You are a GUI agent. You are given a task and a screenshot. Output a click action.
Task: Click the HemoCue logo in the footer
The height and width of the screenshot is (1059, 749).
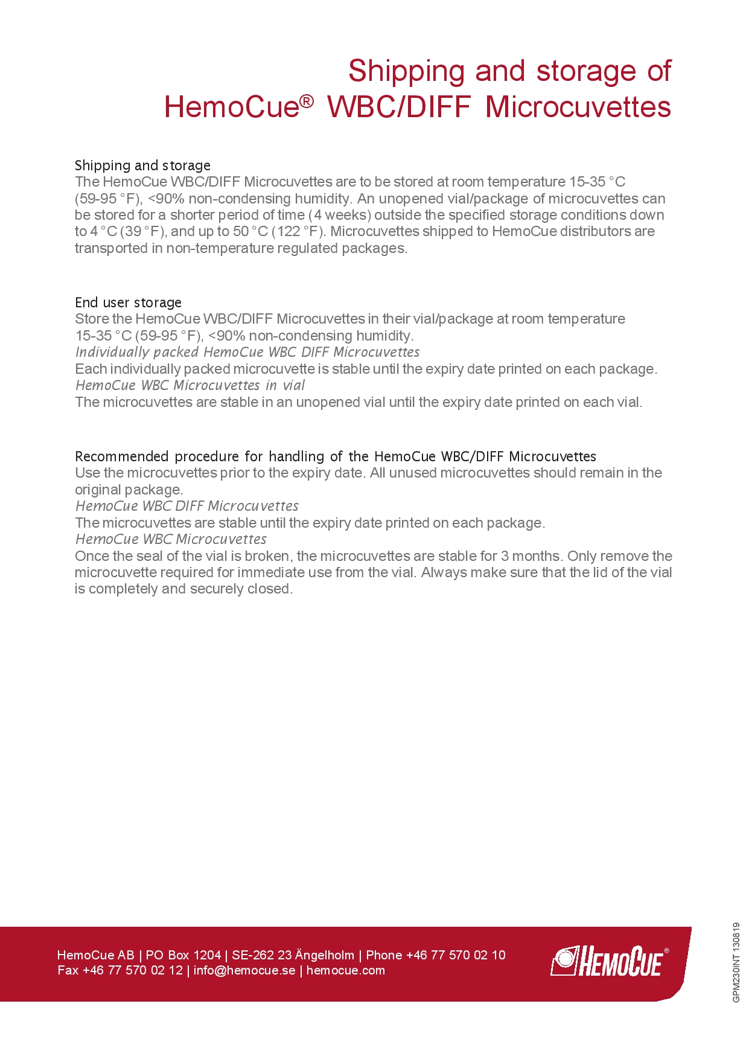[x=608, y=961]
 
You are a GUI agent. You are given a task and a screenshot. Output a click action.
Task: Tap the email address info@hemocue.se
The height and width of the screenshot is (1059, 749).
[x=244, y=970]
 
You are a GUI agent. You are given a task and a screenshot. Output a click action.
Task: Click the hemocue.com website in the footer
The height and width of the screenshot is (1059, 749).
[x=345, y=970]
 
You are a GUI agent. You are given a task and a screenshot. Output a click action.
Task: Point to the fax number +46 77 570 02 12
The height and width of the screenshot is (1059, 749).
[x=132, y=970]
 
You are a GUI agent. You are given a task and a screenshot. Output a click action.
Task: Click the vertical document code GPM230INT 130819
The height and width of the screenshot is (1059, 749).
[x=736, y=962]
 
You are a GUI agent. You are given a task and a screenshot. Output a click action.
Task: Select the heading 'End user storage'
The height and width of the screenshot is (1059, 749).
[x=128, y=302]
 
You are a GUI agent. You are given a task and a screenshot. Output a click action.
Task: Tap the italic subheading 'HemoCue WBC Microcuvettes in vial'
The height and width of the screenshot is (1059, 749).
[x=190, y=385]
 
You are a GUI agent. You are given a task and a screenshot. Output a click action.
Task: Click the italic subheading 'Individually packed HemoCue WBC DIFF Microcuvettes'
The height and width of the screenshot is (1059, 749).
[x=247, y=352]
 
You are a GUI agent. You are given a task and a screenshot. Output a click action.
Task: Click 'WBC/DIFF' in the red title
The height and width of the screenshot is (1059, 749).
[x=398, y=107]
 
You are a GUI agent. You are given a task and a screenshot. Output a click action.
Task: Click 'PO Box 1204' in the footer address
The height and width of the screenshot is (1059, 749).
[x=183, y=955]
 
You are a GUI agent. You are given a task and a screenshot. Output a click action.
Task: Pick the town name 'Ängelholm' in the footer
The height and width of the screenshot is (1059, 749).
[x=325, y=955]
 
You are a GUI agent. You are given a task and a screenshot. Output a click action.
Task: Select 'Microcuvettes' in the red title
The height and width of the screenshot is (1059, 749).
[x=578, y=107]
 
